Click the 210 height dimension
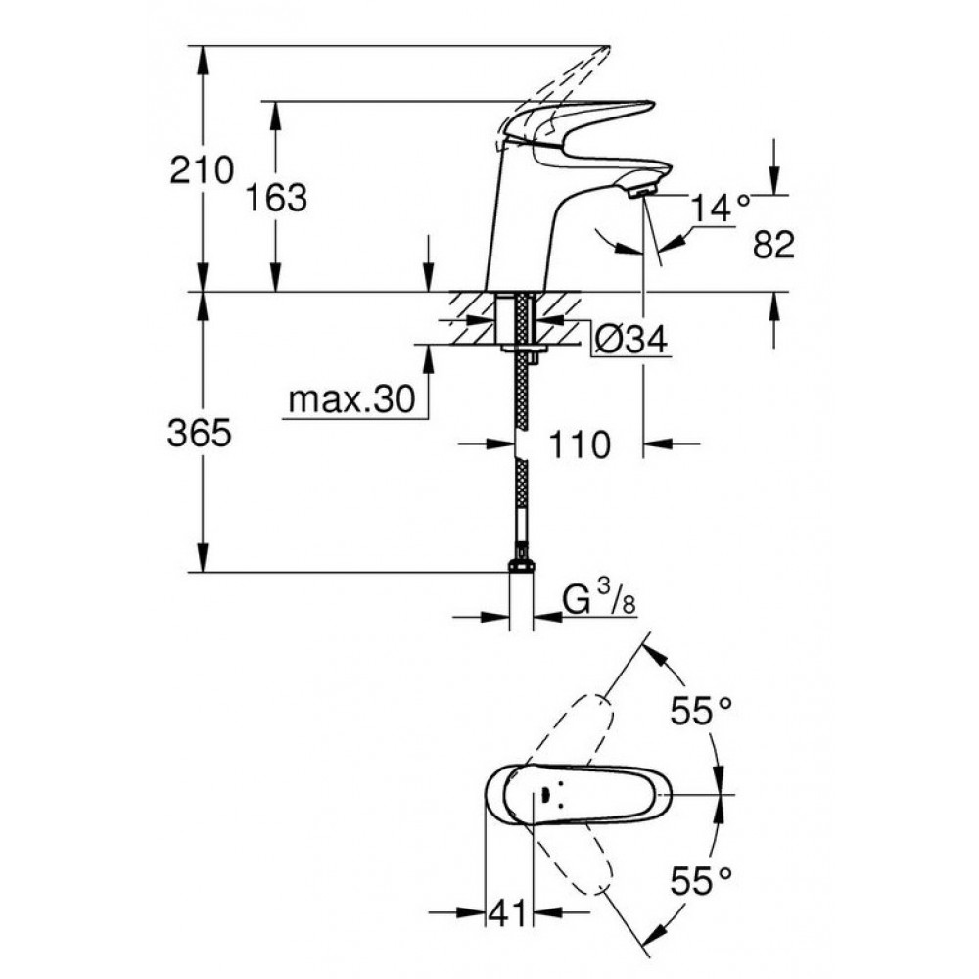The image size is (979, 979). click(202, 169)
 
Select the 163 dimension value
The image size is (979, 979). click(276, 199)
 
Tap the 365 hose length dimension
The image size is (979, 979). click(199, 433)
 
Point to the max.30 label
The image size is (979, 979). click(351, 398)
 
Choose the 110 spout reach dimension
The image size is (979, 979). click(579, 445)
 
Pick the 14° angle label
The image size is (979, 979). click(720, 208)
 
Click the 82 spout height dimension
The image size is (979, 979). click(773, 244)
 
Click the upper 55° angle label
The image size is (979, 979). click(701, 711)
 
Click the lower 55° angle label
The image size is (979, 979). click(701, 881)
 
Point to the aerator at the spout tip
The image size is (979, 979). click(642, 190)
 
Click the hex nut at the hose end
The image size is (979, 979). click(522, 566)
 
